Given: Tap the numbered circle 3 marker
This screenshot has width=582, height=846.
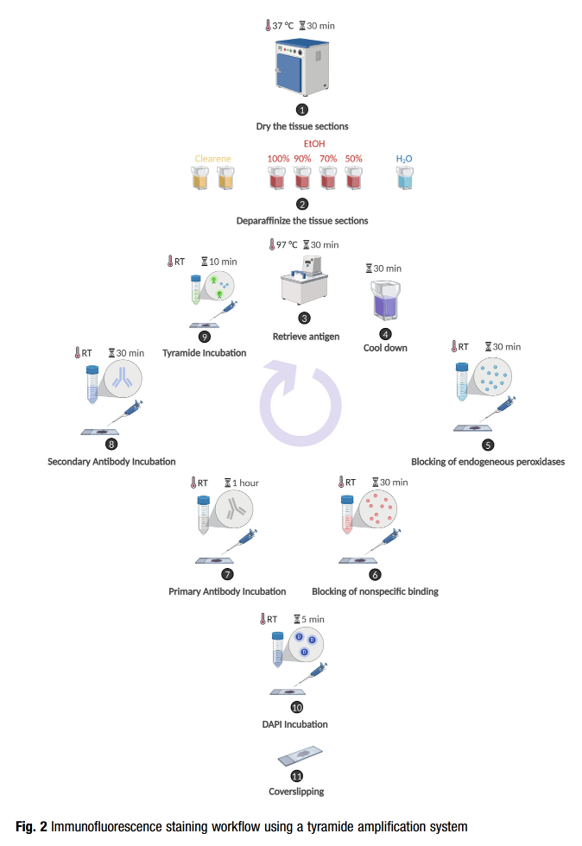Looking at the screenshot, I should (x=304, y=318).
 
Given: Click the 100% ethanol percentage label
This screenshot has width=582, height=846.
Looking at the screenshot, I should (x=278, y=159).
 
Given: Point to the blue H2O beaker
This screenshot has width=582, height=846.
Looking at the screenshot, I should (x=404, y=178).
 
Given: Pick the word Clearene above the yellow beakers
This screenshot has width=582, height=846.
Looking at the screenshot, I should (x=212, y=159).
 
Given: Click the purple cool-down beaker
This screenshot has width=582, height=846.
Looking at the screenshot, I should (x=384, y=302).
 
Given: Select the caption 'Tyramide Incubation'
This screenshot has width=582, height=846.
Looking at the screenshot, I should (x=205, y=353).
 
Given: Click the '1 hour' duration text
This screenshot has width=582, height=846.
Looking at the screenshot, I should (x=246, y=483).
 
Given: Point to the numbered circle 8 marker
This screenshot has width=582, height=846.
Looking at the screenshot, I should (x=111, y=444).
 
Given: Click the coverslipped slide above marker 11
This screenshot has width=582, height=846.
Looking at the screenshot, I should (x=299, y=755).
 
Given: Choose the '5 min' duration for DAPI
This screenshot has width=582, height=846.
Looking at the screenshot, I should (x=313, y=619).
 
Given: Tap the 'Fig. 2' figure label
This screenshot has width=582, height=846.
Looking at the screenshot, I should (x=32, y=827).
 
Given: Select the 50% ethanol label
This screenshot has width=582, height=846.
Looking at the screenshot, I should (x=354, y=159).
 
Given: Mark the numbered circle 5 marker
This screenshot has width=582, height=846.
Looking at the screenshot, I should (x=488, y=445).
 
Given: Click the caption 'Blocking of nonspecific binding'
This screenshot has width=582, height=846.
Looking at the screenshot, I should (x=375, y=591).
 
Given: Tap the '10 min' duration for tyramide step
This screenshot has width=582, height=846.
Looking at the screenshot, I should (x=222, y=262).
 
